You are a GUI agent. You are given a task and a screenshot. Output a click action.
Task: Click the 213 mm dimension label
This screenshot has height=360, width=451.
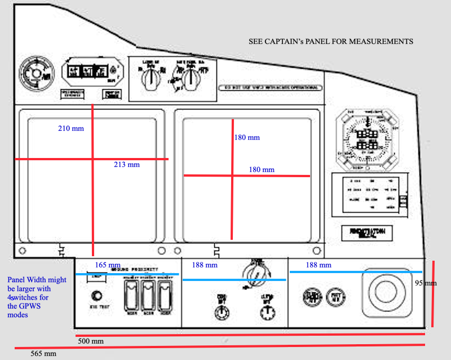(x=126, y=165)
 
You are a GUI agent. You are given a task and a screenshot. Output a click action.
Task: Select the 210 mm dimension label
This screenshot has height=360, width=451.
(x=70, y=129)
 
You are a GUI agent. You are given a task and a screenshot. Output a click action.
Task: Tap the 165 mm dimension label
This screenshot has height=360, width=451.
(x=107, y=265)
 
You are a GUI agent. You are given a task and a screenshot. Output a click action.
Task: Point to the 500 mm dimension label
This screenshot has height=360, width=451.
(x=90, y=341)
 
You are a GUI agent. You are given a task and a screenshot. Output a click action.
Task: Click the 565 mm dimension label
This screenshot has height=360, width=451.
(x=43, y=354)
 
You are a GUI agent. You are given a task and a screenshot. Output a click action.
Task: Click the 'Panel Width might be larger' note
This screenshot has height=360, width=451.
(x=36, y=297)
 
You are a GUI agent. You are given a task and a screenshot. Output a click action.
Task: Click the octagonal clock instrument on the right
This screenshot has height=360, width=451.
(x=367, y=138)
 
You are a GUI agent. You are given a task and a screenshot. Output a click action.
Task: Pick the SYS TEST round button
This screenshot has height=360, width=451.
(x=97, y=295)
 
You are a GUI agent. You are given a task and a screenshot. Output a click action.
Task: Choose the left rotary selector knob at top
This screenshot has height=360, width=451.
(x=149, y=80)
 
